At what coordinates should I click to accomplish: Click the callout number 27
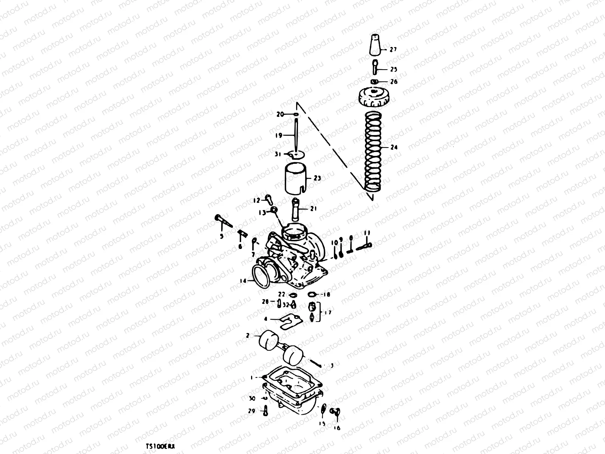point(394,50)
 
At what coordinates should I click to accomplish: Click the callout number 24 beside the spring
point(394,148)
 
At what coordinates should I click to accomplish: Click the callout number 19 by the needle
point(279,135)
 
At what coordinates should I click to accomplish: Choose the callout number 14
point(242,281)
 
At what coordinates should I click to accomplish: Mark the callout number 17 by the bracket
point(327,313)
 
